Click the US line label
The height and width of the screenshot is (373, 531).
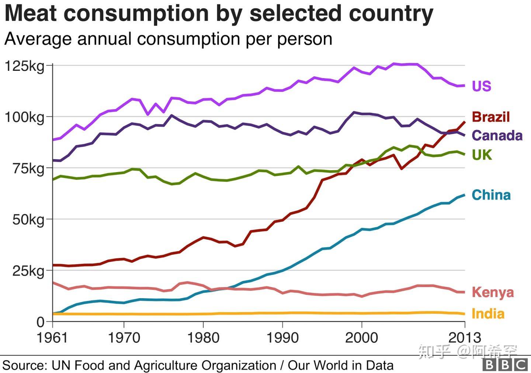click(482, 86)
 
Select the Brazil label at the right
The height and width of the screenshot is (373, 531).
click(491, 117)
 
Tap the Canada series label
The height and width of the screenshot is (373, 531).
click(497, 135)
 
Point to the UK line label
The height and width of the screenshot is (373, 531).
click(482, 155)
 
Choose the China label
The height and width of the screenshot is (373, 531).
click(491, 195)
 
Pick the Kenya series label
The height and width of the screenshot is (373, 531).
click(493, 292)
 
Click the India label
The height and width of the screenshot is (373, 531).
click(488, 314)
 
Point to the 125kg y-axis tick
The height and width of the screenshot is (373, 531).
click(24, 66)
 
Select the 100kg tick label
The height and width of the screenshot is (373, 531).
click(24, 118)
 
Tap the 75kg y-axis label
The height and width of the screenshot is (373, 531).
click(28, 169)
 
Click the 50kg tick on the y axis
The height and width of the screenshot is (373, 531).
click(28, 220)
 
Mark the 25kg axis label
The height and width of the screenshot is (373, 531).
click(28, 271)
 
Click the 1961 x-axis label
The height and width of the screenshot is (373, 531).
click(52, 337)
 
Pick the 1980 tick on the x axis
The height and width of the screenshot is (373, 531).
click(203, 337)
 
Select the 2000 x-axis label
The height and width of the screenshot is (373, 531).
click(361, 337)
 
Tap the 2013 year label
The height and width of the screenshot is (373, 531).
click(465, 337)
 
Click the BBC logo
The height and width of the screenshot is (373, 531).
click(505, 365)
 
